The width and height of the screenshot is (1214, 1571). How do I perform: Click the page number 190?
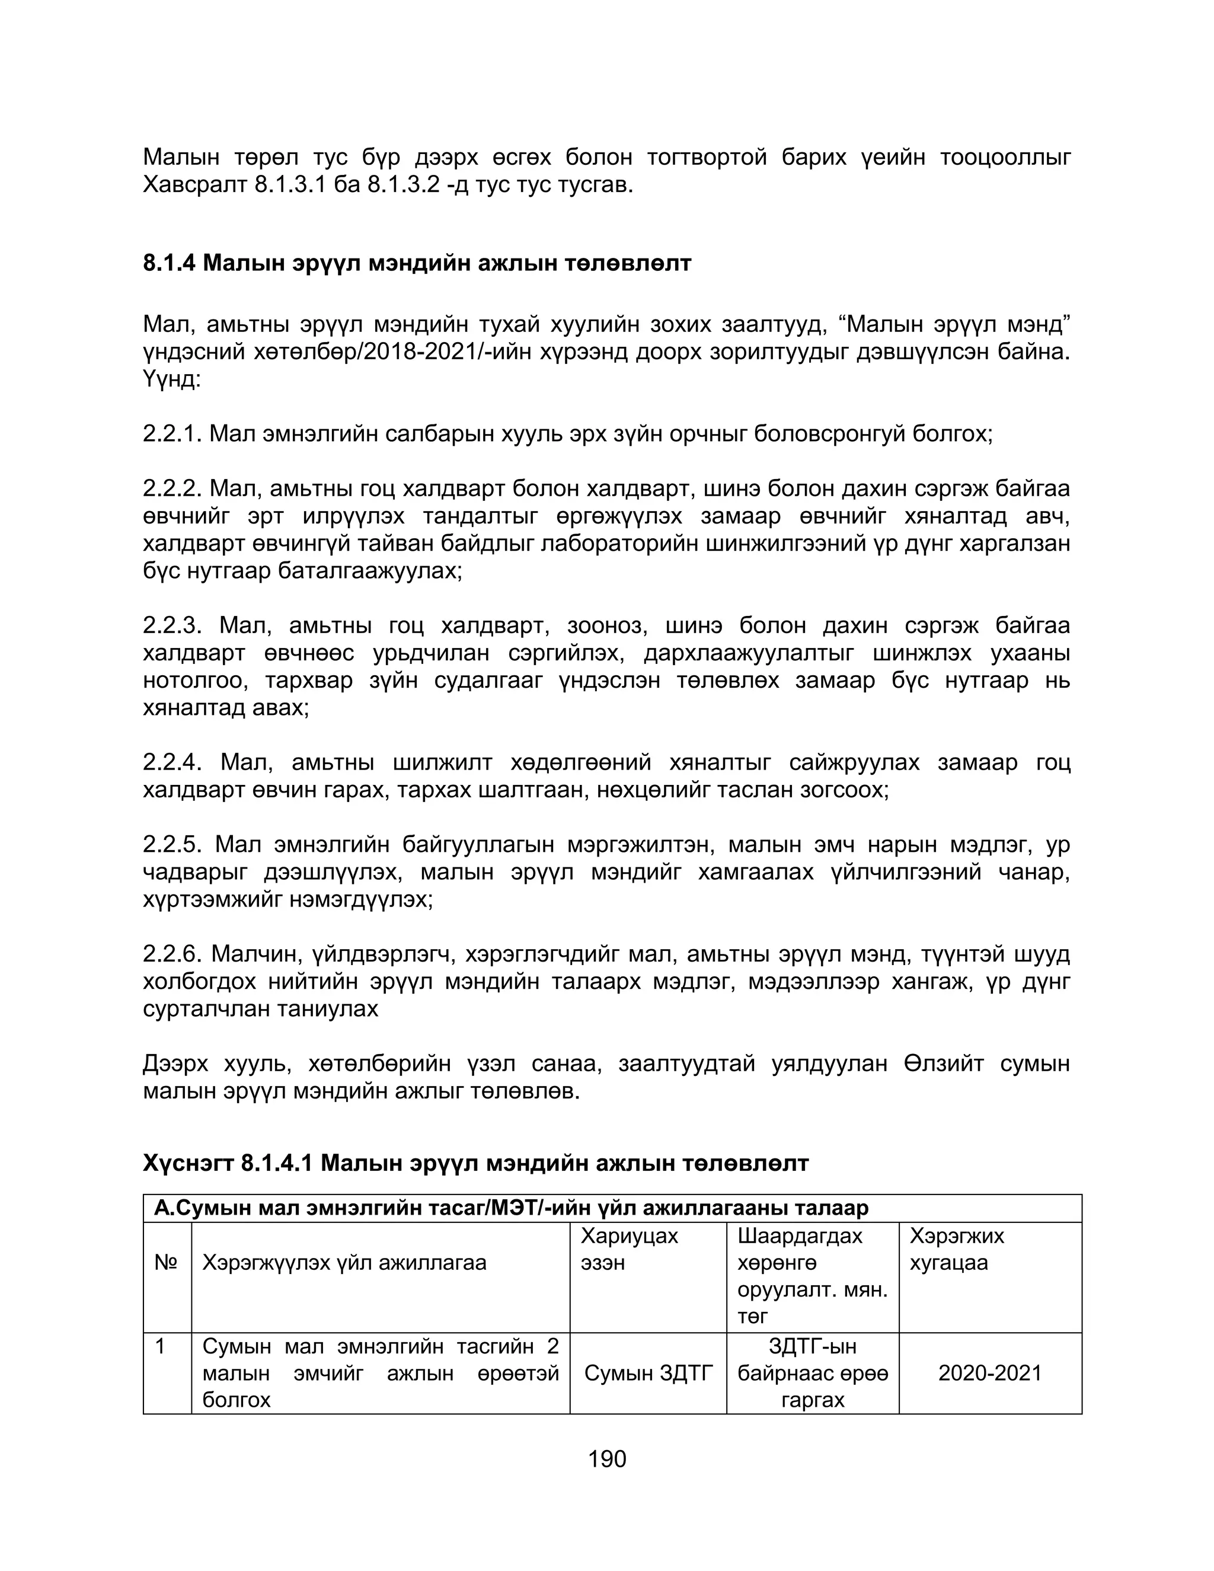click(607, 1460)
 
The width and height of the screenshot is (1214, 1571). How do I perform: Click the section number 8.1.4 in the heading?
click(169, 263)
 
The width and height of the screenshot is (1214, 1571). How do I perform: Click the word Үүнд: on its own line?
click(171, 380)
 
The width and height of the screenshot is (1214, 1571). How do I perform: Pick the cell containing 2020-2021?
click(989, 1373)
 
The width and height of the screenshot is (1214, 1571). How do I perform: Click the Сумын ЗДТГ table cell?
click(648, 1373)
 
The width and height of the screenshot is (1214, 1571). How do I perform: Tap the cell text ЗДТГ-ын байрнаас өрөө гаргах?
click(812, 1373)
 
